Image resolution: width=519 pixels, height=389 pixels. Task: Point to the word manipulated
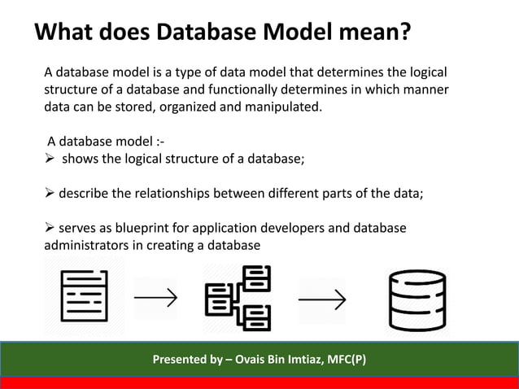280,106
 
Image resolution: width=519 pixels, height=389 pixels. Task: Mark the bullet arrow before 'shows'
50,158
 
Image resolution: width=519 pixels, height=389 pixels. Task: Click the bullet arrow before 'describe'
50,194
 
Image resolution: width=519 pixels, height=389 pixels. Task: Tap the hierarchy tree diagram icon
238,296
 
